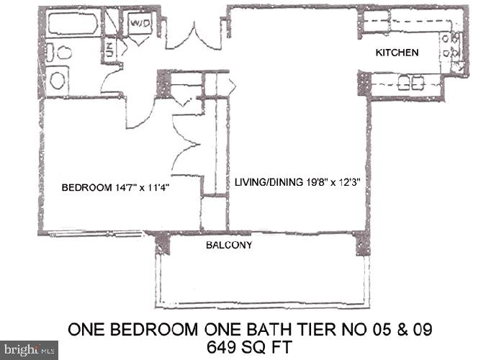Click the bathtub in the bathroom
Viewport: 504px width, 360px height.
click(x=72, y=24)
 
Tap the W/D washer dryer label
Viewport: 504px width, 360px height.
click(x=139, y=22)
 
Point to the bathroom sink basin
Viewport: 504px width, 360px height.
click(x=58, y=79)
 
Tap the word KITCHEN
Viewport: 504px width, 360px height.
click(x=397, y=53)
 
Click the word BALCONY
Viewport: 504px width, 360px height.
click(x=229, y=246)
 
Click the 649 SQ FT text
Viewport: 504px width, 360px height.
click(x=251, y=346)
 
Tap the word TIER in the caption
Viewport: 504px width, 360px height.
click(x=330, y=329)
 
